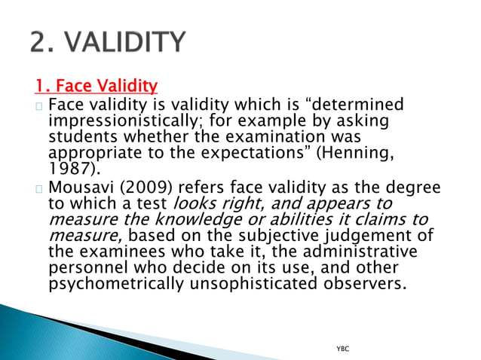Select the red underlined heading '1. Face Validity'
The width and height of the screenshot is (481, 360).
96,86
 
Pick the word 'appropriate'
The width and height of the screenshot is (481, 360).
92,153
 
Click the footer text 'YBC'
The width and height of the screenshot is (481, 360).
342,349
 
